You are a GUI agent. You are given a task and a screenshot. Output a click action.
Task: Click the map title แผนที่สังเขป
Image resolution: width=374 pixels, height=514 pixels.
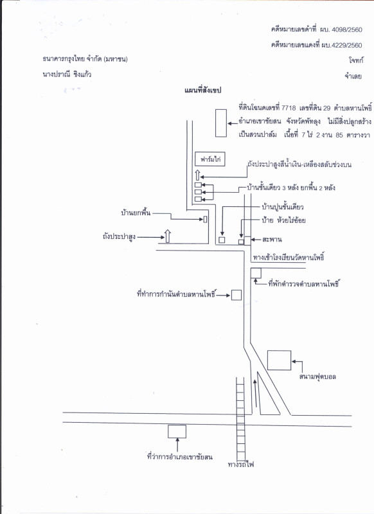[202, 90]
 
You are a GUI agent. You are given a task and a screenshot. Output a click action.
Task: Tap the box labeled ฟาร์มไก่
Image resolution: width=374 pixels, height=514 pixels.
[209, 159]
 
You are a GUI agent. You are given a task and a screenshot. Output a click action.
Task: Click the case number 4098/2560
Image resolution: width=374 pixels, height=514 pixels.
[347, 30]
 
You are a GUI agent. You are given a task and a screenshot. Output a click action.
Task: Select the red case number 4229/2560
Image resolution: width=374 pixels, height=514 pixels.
[347, 45]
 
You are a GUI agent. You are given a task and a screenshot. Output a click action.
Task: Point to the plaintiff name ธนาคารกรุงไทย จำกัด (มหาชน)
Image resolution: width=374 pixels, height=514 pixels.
[85, 59]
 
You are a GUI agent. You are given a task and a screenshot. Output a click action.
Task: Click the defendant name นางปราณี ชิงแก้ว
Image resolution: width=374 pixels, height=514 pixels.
[67, 75]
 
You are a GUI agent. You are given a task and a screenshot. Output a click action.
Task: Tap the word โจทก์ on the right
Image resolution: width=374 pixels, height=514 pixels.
[356, 60]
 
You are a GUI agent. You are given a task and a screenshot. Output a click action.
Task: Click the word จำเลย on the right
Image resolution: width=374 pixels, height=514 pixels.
[353, 76]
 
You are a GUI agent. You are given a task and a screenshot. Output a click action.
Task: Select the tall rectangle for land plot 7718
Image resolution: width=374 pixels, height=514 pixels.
[221, 123]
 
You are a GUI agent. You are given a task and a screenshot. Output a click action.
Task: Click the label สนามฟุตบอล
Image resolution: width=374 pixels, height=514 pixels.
[317, 377]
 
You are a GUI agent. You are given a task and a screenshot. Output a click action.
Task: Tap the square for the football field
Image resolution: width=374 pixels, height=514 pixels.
[280, 360]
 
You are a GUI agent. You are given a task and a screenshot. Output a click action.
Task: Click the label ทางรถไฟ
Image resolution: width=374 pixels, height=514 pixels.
[241, 464]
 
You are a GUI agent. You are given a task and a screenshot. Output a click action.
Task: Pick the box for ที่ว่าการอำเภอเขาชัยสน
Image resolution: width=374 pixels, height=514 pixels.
[177, 431]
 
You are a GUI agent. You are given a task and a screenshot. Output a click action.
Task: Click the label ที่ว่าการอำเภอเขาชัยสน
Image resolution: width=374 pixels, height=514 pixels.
[180, 457]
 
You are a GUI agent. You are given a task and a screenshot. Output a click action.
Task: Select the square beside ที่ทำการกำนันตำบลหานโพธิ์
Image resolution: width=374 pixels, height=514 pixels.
[236, 295]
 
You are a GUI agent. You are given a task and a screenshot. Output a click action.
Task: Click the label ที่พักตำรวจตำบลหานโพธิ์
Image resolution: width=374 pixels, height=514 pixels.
[303, 283]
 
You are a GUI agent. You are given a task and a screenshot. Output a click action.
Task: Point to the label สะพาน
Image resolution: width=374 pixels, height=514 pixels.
[272, 240]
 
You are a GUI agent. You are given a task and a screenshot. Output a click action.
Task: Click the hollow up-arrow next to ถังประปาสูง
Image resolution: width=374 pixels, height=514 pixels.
[168, 236]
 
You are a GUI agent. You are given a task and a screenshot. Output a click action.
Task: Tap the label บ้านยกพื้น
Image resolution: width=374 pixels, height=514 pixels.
[136, 213]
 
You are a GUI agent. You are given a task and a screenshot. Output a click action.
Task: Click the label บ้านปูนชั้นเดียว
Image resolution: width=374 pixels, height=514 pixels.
[283, 207]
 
